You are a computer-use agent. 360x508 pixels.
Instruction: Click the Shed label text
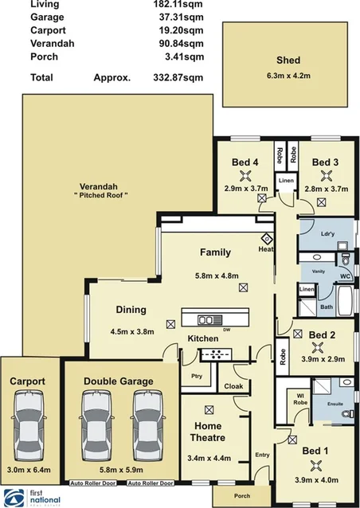tap(288, 60)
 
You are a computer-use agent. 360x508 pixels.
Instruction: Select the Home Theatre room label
tap(209, 432)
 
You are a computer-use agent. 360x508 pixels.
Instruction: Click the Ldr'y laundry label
tap(325, 236)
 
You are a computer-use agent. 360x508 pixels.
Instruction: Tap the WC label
tap(346, 276)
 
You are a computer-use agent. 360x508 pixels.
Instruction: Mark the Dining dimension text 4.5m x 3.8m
tap(131, 331)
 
